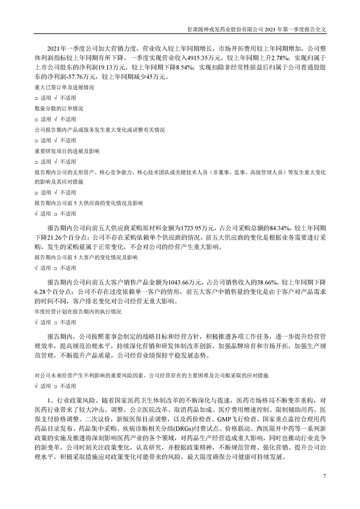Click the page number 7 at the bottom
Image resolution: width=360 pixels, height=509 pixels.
click(x=325, y=476)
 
